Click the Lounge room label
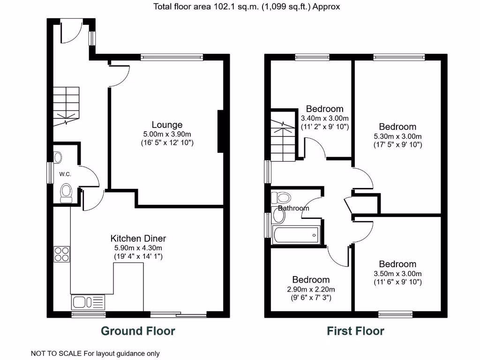point(167,125)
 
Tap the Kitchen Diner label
point(138,238)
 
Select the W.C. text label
point(65,174)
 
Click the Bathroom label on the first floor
point(294,208)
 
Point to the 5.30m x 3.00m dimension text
point(397,136)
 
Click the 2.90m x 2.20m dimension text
point(311,289)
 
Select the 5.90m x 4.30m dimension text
point(138,247)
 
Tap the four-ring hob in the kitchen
point(62,254)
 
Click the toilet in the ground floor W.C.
point(66,193)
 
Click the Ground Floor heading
point(138,331)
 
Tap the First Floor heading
point(355,331)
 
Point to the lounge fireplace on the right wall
point(220,131)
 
